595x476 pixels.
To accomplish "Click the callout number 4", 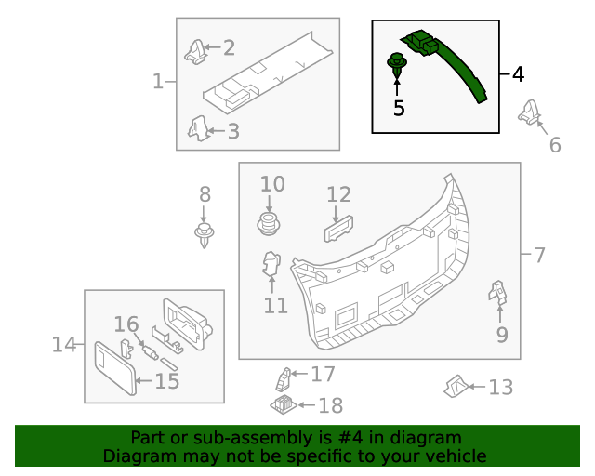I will [518, 74].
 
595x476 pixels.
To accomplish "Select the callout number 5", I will [399, 108].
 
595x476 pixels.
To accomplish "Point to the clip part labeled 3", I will [197, 127].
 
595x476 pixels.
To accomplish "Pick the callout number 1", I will [158, 82].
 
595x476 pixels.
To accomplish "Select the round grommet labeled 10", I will [269, 224].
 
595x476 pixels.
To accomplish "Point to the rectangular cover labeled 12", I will [339, 229].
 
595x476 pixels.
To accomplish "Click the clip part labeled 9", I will [498, 295].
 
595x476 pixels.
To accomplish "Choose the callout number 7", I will [539, 254].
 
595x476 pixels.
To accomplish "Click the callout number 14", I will [63, 345].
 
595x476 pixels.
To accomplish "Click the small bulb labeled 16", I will [148, 352].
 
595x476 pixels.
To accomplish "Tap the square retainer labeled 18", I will [282, 404].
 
